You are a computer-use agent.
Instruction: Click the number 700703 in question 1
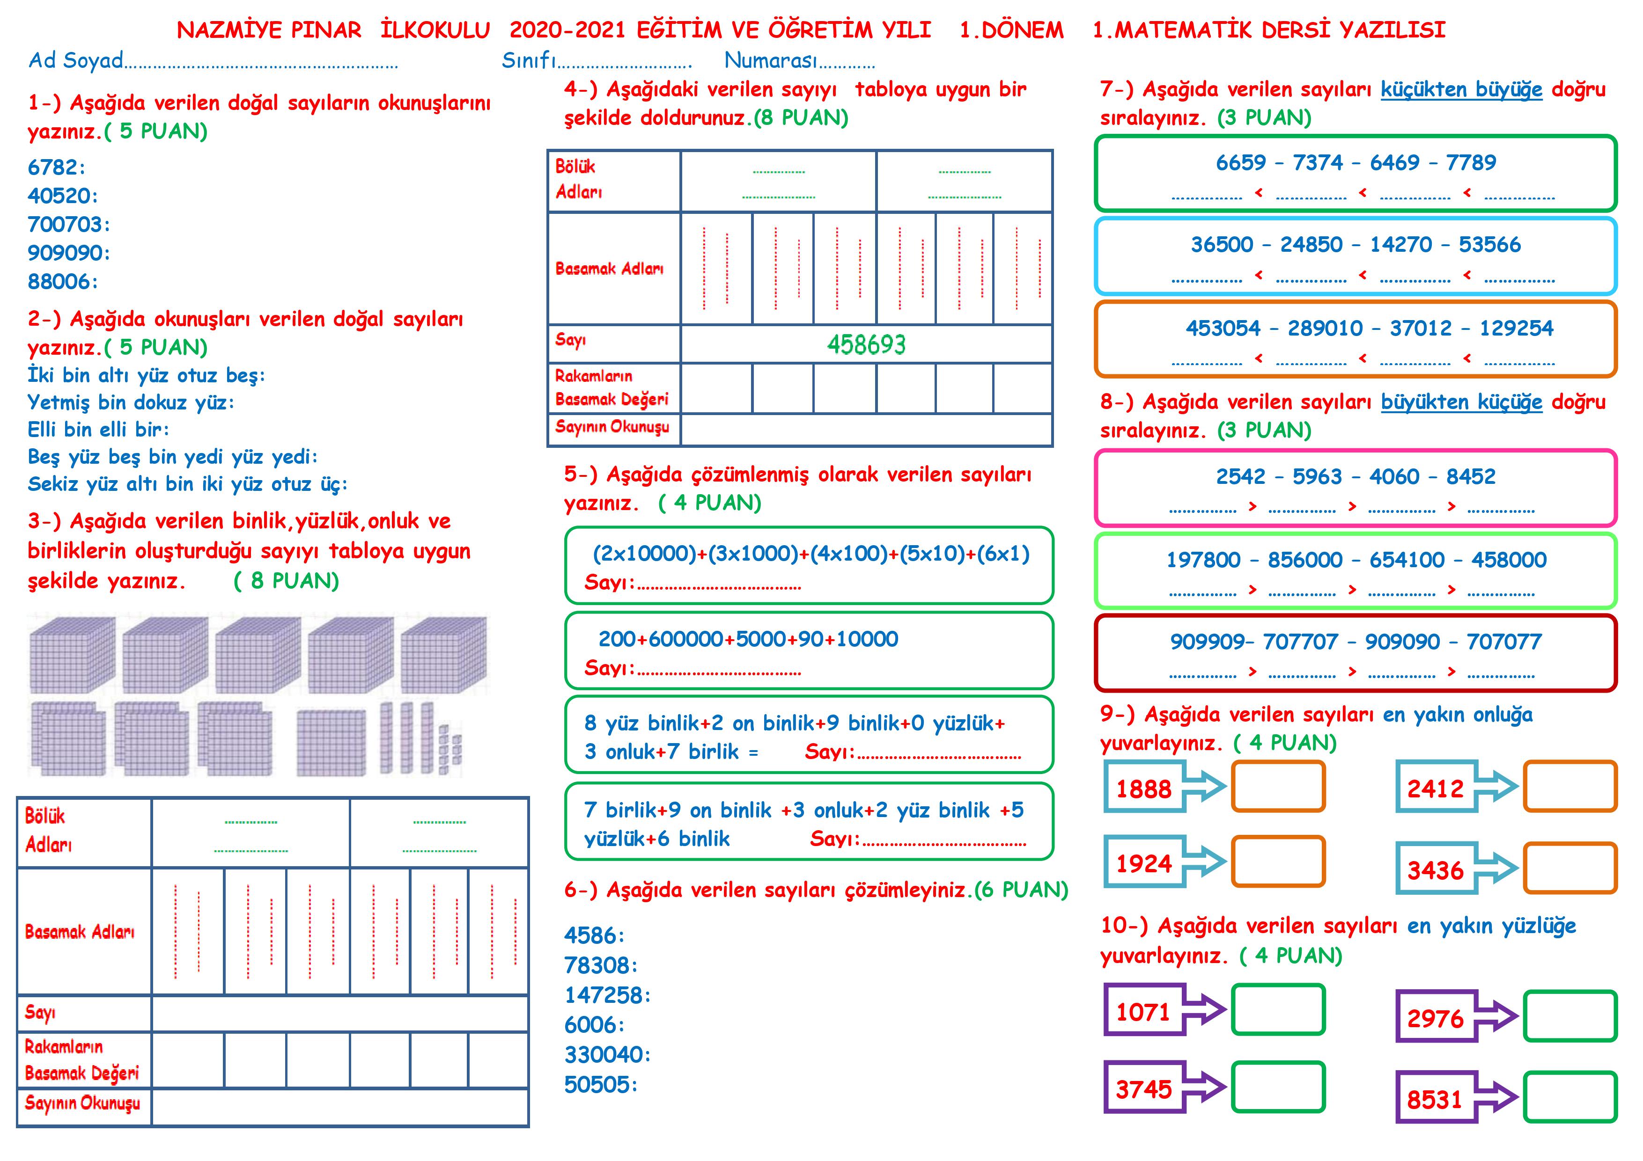65,225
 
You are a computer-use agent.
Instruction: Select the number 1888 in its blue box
1143,789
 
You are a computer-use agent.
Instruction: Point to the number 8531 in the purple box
1434,1100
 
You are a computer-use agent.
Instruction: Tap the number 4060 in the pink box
1394,476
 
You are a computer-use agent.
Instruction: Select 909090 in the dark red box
1402,642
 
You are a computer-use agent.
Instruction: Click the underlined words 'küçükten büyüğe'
1461,90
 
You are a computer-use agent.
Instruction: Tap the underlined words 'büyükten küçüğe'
1461,402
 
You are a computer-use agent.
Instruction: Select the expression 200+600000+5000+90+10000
748,639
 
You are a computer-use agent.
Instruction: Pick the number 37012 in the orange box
1421,329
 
